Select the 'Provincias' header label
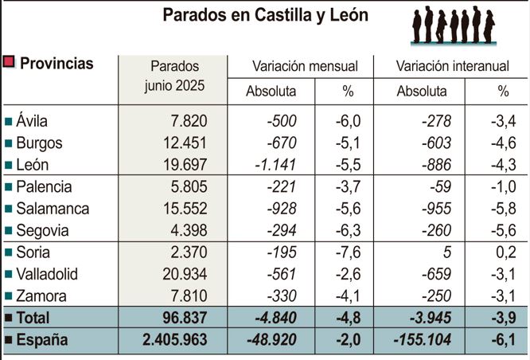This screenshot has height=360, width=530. tap(56, 65)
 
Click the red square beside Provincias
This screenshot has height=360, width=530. tap(10, 64)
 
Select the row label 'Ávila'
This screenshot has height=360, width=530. tap(32, 121)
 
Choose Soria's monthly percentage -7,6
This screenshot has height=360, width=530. tap(348, 252)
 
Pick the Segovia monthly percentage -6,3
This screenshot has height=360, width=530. tap(348, 231)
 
